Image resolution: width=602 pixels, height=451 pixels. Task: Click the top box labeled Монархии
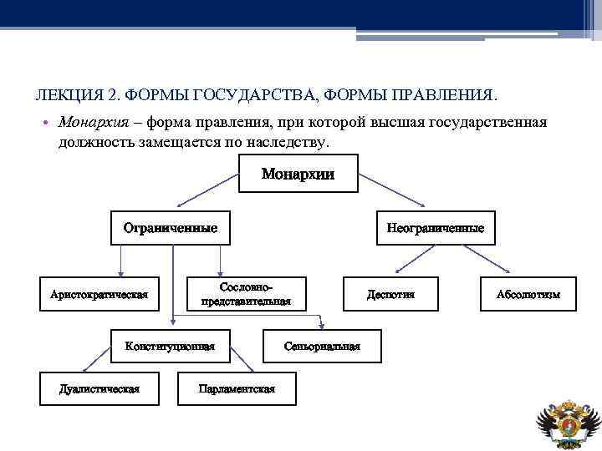[x=298, y=175]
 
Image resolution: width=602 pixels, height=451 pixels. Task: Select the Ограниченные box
[x=171, y=227]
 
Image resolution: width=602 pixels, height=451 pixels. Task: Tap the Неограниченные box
[x=435, y=227]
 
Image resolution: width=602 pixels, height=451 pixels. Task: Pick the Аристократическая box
[x=99, y=294]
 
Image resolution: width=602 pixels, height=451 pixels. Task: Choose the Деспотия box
[x=390, y=294]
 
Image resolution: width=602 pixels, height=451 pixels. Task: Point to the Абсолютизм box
[x=528, y=294]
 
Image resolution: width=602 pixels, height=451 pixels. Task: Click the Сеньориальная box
[x=322, y=346]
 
